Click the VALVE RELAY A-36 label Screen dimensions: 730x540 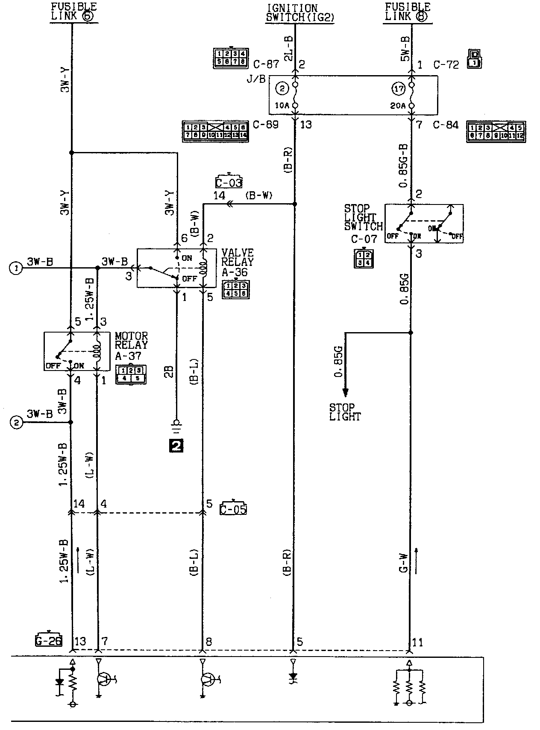coord(237,262)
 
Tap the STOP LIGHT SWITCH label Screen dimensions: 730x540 coord(363,218)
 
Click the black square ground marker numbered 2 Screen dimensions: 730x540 coord(176,446)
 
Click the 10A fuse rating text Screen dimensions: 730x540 coord(282,105)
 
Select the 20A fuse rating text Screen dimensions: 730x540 coord(397,105)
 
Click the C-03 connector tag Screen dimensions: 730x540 coord(229,182)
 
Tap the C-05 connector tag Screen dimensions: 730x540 coord(233,508)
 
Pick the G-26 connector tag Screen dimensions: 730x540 coord(48,641)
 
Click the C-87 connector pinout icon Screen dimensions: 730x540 coord(230,59)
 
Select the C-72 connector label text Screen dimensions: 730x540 coord(446,65)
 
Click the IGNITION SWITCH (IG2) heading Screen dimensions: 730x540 coord(299,13)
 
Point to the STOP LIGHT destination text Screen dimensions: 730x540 coord(345,412)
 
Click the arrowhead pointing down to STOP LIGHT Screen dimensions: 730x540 coord(345,392)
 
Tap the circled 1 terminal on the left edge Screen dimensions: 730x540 coord(16,268)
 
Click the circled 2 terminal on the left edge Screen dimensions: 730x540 coord(16,423)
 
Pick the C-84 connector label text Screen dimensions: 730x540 coord(446,125)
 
